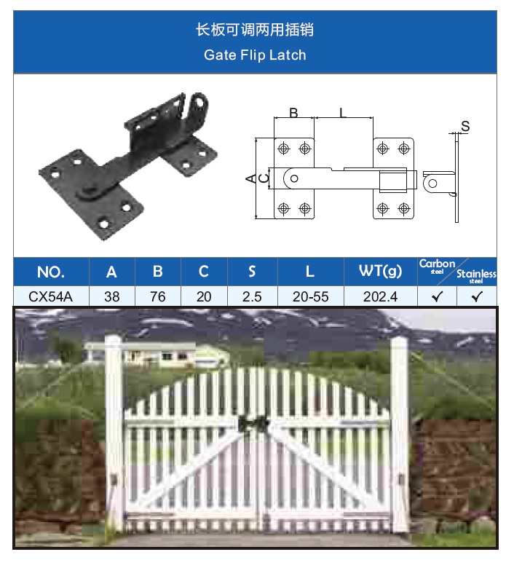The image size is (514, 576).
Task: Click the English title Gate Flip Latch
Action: [x=255, y=55]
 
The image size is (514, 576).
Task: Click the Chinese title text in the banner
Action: [x=255, y=29]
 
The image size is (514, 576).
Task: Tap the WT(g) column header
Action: [x=380, y=271]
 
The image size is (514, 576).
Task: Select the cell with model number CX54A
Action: [x=51, y=296]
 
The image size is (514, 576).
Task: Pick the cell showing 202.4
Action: [x=380, y=296]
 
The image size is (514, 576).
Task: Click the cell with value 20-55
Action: [x=311, y=296]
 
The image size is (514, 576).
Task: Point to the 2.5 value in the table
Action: [x=252, y=296]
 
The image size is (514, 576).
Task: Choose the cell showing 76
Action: [x=158, y=296]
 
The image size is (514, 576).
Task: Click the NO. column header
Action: [x=51, y=272]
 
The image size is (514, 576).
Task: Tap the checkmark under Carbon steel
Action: [x=437, y=296]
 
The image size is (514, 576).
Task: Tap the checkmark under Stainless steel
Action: [x=477, y=296]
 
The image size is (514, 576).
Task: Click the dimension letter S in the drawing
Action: [x=465, y=126]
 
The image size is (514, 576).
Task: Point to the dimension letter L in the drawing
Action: [x=343, y=112]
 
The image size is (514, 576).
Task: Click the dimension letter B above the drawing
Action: [x=293, y=112]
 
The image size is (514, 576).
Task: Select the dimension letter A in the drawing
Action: [x=250, y=179]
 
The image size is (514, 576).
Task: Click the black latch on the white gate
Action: [x=253, y=425]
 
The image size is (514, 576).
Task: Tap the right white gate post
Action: [x=400, y=433]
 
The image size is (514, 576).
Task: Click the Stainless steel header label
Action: [x=476, y=276]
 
